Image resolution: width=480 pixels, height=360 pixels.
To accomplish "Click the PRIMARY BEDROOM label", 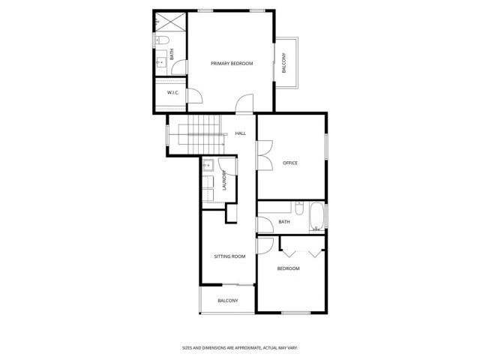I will [x=231, y=64].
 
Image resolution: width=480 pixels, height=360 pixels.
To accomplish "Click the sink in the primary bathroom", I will [x=160, y=61].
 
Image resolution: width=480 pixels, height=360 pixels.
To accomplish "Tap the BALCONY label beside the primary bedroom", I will [x=283, y=64].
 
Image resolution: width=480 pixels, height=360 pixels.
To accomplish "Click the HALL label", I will [x=240, y=133].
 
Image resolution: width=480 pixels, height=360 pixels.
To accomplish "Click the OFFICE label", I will [x=290, y=163].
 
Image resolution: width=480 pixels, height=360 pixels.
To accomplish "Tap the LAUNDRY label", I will [x=223, y=182].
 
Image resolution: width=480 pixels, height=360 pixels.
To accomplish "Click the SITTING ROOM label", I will [x=229, y=256].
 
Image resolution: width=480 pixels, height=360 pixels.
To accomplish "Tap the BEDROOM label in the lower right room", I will [x=288, y=268].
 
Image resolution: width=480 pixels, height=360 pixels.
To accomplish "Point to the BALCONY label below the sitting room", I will [x=227, y=301].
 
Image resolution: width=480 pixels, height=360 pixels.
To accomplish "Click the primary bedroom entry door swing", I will [x=244, y=104].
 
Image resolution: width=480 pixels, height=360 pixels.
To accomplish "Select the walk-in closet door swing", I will [x=193, y=95].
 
